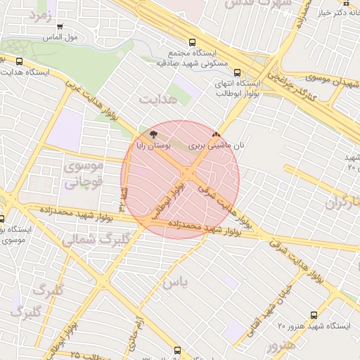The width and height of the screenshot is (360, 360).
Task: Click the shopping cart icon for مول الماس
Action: pyautogui.click(x=60, y=27)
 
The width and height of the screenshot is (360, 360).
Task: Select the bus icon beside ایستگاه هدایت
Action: pyautogui.click(x=18, y=61)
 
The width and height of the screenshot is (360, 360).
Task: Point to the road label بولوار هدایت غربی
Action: pyautogui.click(x=92, y=98)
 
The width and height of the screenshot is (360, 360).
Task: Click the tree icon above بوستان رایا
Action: pyautogui.click(x=154, y=133)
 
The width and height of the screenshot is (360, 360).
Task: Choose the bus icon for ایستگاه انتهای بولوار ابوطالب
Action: pyautogui.click(x=236, y=72)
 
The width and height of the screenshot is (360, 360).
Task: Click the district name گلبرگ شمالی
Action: pyautogui.click(x=90, y=239)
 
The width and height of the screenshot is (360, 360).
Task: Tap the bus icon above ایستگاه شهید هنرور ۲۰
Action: pyautogui.click(x=313, y=316)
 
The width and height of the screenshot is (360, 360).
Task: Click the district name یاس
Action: pyautogui.click(x=175, y=283)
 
